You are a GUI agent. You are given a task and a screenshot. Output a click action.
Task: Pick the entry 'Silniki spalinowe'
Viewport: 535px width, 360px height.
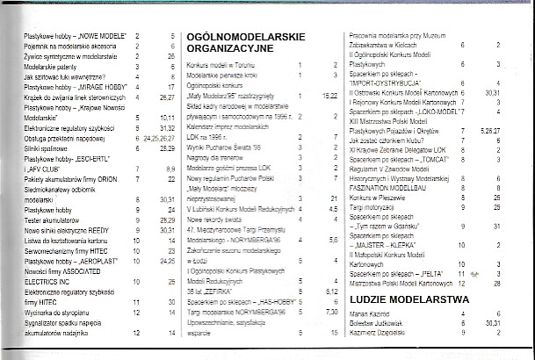pyautogui.click(x=52, y=149)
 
